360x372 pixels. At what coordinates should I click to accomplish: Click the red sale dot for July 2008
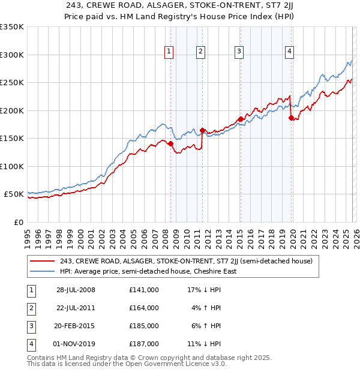(x=171, y=143)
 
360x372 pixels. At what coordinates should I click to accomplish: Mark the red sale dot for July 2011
(x=203, y=130)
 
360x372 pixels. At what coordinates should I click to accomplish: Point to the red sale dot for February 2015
(x=241, y=119)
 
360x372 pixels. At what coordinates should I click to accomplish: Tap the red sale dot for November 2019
(x=291, y=118)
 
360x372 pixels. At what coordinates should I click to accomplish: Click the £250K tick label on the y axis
(x=12, y=83)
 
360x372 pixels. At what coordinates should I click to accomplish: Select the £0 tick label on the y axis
(x=18, y=223)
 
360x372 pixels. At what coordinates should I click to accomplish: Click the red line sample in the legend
(x=43, y=261)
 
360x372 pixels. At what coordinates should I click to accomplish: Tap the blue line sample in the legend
(x=43, y=271)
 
